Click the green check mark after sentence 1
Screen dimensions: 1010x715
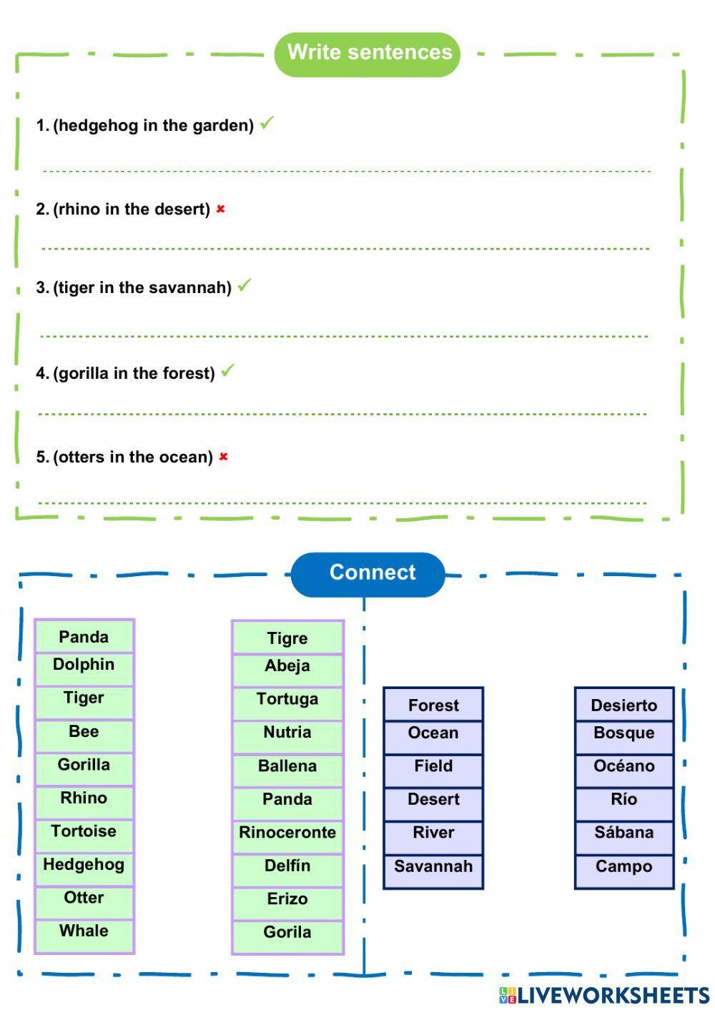(x=267, y=124)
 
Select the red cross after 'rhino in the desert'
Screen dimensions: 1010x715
(x=221, y=209)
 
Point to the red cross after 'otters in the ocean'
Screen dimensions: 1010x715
(x=224, y=457)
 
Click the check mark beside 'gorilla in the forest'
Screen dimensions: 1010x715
(x=227, y=371)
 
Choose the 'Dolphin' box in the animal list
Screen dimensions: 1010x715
(x=84, y=665)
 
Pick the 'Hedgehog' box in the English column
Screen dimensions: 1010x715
(x=84, y=866)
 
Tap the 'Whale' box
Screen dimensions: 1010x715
(x=84, y=932)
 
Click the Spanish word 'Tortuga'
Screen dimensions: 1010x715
(x=287, y=700)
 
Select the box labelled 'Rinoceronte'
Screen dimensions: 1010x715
(x=287, y=833)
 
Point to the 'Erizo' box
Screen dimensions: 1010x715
(x=287, y=900)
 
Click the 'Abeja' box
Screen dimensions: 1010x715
(x=287, y=667)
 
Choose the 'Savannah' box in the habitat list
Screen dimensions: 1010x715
(x=433, y=868)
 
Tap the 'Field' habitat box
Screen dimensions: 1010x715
(x=433, y=767)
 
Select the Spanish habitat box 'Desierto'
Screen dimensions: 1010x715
(x=624, y=705)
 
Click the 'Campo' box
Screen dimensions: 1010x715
(x=624, y=868)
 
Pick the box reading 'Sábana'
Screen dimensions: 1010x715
(x=624, y=833)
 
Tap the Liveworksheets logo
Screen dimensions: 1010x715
(x=604, y=996)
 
